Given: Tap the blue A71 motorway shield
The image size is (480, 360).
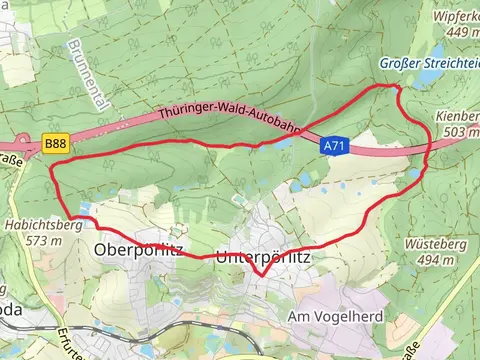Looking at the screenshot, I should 335,146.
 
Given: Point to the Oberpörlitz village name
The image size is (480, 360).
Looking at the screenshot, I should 138,248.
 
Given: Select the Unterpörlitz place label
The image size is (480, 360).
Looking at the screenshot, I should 264,256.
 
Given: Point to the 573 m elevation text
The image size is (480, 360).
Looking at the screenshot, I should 44,241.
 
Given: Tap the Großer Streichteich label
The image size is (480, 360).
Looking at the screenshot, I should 428,63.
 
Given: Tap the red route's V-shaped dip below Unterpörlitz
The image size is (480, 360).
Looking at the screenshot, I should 261,273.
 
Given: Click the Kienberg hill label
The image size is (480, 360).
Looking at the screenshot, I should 458,116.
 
